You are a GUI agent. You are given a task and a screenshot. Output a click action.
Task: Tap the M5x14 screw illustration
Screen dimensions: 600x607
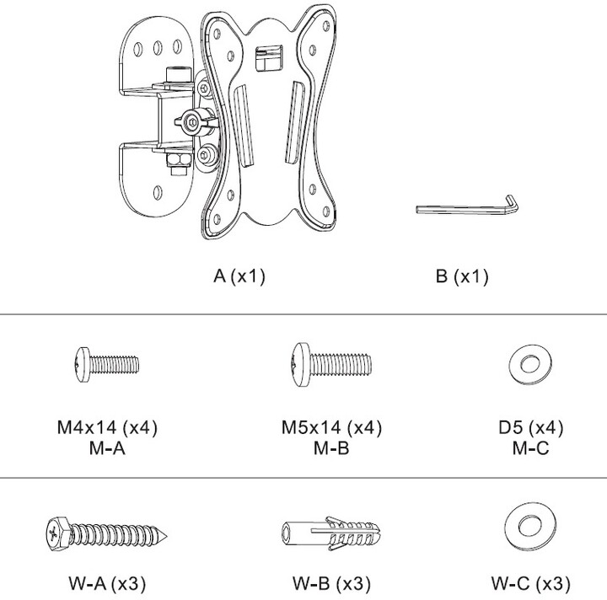coord(330,364)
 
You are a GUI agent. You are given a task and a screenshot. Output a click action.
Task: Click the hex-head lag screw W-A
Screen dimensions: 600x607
coord(108,533)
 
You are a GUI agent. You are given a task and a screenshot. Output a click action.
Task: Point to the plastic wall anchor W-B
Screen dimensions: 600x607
coord(330,533)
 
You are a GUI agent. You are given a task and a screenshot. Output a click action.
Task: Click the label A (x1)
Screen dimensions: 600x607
coord(239,276)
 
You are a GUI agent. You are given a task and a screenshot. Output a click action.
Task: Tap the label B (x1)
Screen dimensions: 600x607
coord(462,276)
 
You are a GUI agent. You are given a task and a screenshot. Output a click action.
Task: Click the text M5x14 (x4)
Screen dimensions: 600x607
coord(331,428)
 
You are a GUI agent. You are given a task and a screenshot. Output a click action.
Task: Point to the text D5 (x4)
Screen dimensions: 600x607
coord(530,428)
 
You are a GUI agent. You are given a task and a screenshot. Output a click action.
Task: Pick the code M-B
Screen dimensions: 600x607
coord(331,448)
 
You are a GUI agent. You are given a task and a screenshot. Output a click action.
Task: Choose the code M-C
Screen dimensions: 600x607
coord(530,448)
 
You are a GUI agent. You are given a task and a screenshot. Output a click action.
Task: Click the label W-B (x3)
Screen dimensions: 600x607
coord(331,583)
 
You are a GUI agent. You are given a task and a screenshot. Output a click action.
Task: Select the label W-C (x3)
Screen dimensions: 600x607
coord(530,583)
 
